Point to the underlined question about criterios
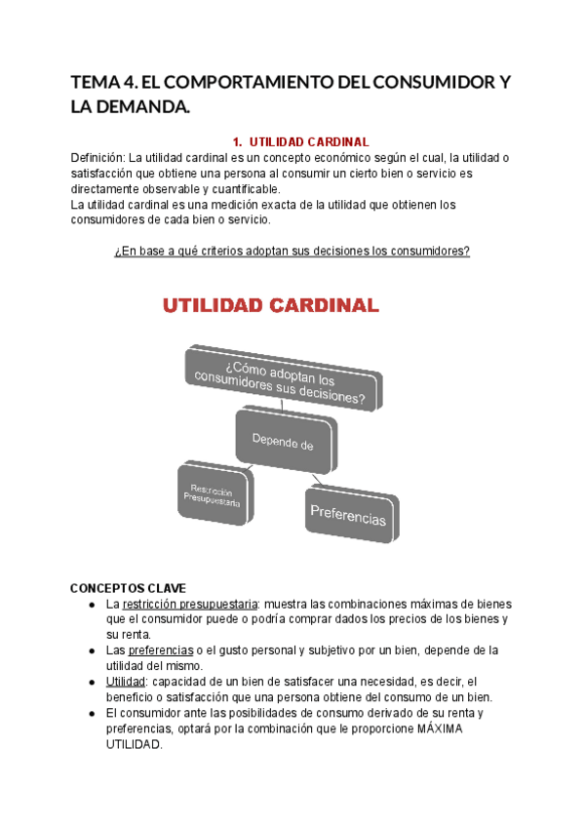pyautogui.click(x=292, y=252)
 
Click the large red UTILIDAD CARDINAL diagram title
pyautogui.click(x=270, y=306)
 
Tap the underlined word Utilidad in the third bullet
pyautogui.click(x=126, y=681)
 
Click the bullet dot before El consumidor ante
pyautogui.click(x=91, y=712)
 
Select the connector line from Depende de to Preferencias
pyautogui.click(x=308, y=473)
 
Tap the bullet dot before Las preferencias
pyautogui.click(x=91, y=650)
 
